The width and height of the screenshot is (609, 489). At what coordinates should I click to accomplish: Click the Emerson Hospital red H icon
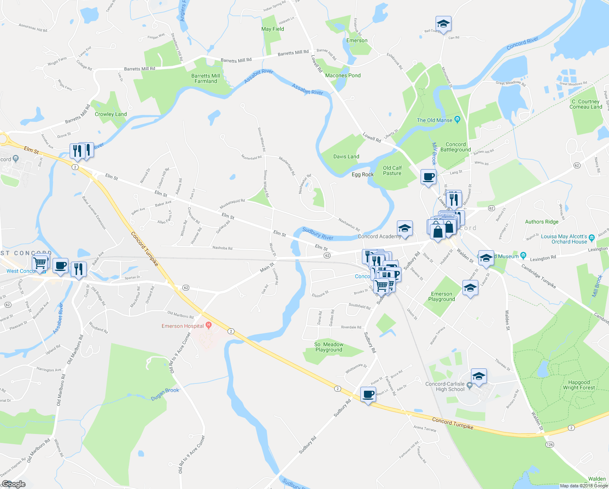(209, 325)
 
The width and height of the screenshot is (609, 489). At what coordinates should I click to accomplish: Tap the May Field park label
(272, 29)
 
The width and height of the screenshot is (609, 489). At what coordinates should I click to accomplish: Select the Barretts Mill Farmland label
(206, 78)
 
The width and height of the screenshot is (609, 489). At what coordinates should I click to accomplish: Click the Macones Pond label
(343, 75)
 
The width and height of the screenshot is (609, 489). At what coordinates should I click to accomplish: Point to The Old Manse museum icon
(457, 120)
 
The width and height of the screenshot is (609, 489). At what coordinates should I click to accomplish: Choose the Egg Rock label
(362, 174)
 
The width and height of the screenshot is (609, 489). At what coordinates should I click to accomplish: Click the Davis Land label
(346, 156)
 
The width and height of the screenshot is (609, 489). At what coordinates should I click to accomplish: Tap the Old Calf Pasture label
(392, 170)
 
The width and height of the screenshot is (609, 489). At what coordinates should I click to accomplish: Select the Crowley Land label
(111, 114)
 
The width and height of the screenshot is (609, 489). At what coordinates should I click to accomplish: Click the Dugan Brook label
(165, 394)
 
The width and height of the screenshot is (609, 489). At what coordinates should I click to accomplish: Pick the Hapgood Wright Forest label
(578, 385)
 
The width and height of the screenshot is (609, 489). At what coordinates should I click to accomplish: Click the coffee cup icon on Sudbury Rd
(368, 394)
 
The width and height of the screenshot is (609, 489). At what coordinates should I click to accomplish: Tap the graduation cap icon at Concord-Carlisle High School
(479, 376)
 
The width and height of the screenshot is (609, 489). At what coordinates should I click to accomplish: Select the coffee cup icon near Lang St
(428, 177)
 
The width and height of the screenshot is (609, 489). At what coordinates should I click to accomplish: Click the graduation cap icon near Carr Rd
(443, 24)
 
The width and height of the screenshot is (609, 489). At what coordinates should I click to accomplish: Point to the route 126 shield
(550, 444)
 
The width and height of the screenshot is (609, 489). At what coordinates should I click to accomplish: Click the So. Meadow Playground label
(329, 347)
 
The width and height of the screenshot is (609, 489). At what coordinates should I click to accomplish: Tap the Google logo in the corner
(13, 484)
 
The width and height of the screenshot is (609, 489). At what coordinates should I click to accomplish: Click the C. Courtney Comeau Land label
(585, 104)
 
